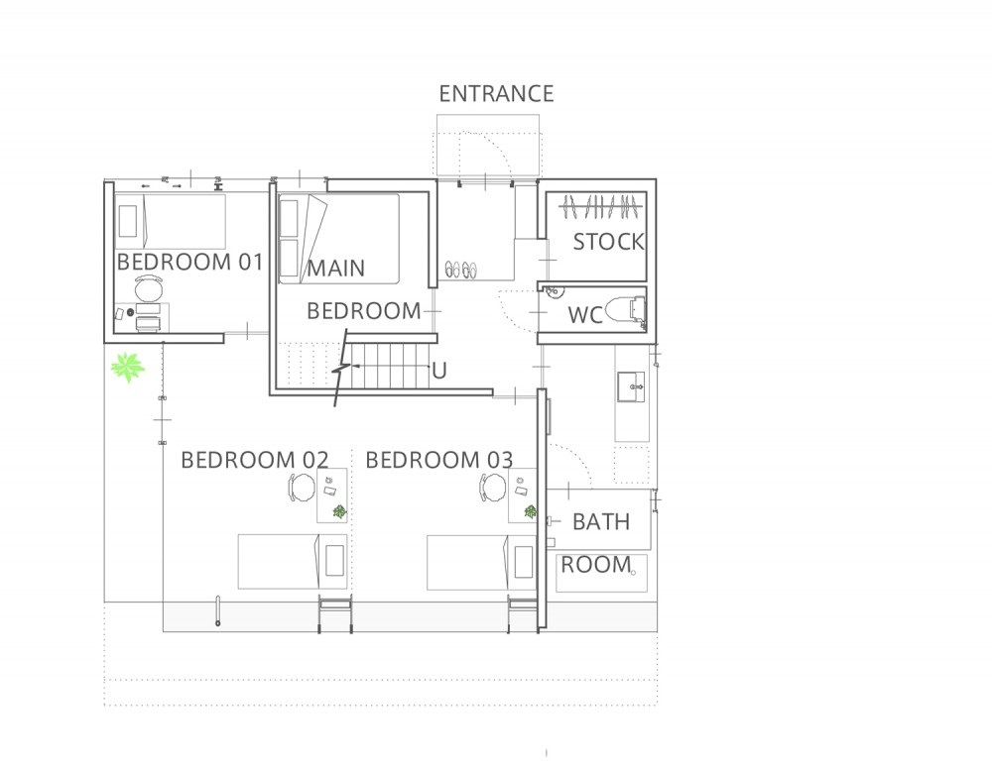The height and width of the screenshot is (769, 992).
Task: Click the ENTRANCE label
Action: pos(496,93)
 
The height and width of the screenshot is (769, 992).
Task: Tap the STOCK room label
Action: pos(609,242)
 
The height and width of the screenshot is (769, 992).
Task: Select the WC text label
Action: pos(585,315)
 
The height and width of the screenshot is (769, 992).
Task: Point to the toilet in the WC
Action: pos(626,310)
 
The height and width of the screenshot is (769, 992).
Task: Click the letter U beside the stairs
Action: pos(439,371)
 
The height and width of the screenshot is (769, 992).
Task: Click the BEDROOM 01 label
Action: pos(189,262)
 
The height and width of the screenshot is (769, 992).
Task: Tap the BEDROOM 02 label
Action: pos(254,460)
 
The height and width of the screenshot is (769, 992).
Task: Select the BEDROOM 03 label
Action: pos(439,460)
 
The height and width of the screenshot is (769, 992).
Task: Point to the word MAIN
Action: pos(336,268)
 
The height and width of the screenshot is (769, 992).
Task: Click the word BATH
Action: pos(601,522)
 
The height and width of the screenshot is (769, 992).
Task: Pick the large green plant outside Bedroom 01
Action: pos(128,367)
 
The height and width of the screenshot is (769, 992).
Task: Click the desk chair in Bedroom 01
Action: pos(149,289)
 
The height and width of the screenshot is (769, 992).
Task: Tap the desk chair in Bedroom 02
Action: pos(302,488)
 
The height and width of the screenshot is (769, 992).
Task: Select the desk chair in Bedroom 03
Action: pos(492,488)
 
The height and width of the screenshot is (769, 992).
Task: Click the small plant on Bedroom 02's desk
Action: pos(339,511)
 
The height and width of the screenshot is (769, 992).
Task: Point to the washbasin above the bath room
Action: pos(631,387)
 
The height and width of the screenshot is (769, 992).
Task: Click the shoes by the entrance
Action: pos(460,270)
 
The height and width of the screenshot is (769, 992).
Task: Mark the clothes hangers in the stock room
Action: pos(600,207)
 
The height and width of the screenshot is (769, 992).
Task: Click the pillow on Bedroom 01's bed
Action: pos(128,221)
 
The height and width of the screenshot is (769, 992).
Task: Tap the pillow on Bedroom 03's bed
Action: pos(523,562)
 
